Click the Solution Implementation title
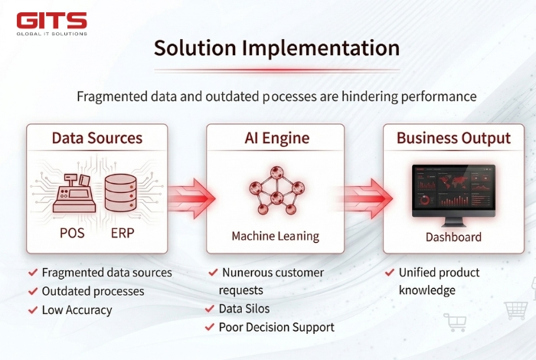coord(276,47)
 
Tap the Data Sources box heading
coord(97,139)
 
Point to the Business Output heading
coord(453,139)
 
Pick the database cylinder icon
coord(121,191)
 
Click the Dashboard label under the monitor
coord(453,237)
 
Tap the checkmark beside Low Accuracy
coord(33,310)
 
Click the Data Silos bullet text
coord(244,309)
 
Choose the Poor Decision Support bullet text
coord(276,327)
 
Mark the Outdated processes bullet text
coord(93,291)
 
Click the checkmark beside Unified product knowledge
coord(390,273)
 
